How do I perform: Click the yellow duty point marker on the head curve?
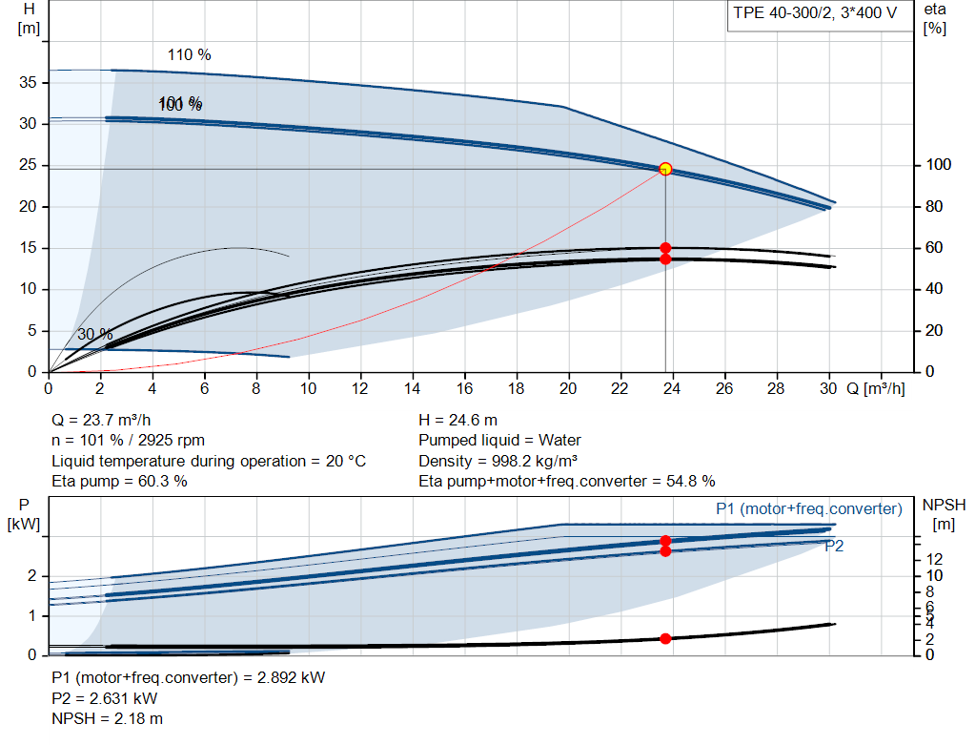(665, 169)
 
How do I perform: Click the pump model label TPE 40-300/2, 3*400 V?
(816, 14)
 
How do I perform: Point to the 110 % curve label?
(189, 54)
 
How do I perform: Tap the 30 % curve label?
(94, 334)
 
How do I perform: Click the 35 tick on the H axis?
(29, 83)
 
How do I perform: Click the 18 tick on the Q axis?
(517, 389)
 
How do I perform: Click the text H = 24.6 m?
(457, 420)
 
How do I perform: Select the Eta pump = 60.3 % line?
(119, 481)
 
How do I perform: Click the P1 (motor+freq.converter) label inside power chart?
(808, 508)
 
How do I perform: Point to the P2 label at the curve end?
(834, 546)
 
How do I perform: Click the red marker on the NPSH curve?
(665, 638)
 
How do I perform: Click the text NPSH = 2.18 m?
(107, 718)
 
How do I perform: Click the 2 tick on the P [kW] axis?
(31, 576)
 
